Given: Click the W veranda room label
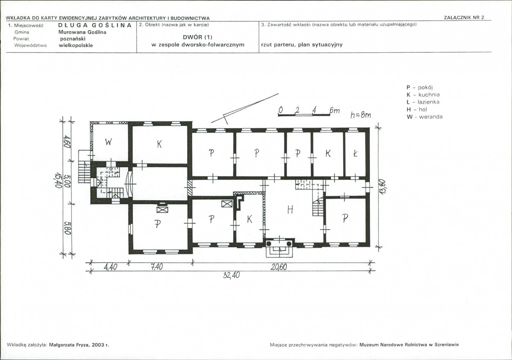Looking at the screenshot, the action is coord(109,142).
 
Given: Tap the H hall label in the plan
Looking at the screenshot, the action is coord(290,209).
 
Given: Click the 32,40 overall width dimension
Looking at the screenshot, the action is coord(231,275).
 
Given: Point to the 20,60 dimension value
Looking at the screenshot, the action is coord(279,267).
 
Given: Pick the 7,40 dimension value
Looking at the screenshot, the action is coord(157,267).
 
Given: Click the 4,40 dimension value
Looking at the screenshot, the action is coord(110,267).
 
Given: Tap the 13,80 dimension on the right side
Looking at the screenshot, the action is coord(383,187).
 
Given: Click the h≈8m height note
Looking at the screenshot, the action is coord(360,115).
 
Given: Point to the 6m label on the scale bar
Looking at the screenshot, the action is coord(334,111).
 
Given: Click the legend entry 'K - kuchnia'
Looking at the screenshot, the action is coord(423,95).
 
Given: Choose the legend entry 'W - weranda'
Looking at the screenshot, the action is coord(424,117).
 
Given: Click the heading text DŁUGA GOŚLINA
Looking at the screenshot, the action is coord(95,25).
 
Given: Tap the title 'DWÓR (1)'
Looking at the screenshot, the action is coord(198,37).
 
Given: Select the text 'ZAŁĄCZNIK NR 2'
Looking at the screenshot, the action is coord(464,18).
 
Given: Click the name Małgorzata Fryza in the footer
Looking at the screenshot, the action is coord(70,345).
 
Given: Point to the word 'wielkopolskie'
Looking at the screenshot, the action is coord(76,45).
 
